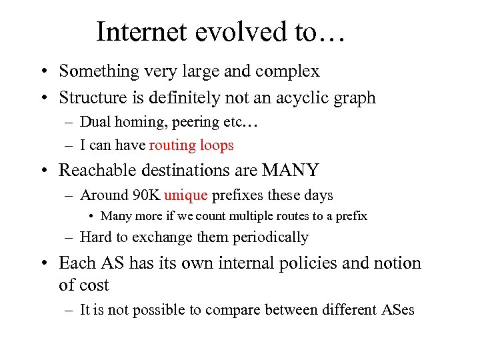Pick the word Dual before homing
[94, 122]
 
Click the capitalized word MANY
[291, 170]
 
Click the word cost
[93, 285]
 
